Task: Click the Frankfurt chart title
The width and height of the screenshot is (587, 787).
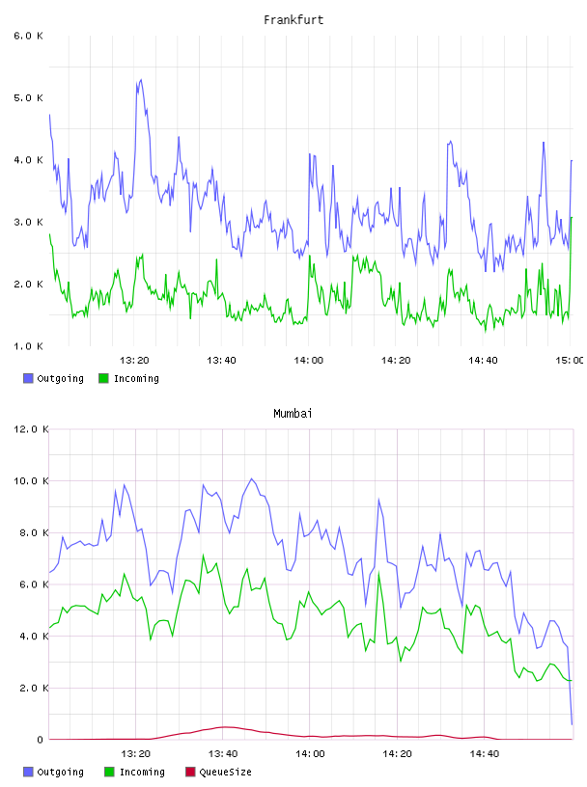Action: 293,20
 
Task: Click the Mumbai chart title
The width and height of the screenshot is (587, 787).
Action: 293,414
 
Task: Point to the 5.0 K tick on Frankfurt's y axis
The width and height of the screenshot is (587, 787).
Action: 29,97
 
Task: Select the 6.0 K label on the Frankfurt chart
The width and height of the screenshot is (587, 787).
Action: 29,36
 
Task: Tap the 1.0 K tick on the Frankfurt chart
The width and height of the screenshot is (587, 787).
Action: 29,346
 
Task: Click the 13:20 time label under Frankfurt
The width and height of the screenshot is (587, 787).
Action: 134,361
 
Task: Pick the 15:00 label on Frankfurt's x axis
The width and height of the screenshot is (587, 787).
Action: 570,361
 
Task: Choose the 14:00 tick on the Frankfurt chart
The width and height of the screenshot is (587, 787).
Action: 309,361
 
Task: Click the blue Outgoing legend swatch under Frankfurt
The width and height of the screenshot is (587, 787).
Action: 28,378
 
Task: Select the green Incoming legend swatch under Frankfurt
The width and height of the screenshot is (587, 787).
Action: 103,378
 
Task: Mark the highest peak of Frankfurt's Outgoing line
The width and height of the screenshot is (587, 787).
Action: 141,79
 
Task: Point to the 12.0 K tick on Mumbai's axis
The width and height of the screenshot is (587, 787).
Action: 31,429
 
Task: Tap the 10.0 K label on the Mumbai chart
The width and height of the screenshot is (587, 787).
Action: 31,481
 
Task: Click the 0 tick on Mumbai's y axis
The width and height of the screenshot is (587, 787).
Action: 40,740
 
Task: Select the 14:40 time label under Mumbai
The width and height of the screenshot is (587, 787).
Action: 485,754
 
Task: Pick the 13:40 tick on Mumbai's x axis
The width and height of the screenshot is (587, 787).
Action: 223,754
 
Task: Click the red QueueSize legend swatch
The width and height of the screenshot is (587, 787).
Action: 190,772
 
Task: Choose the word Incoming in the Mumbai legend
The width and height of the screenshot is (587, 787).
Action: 142,772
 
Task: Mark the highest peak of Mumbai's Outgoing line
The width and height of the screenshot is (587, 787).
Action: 252,478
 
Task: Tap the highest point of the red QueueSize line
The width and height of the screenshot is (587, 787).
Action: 225,727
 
